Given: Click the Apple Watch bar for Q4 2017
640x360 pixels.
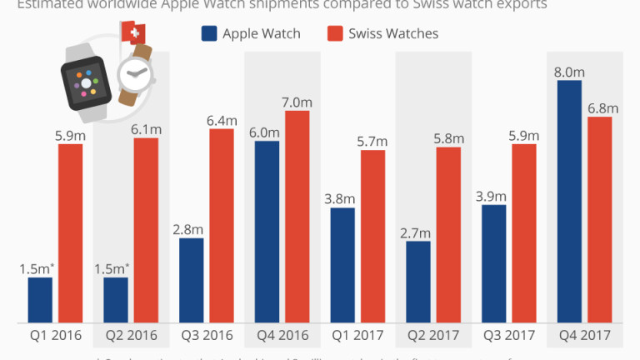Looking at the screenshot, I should (568, 202).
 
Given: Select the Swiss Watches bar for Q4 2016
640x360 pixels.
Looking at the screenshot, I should (297, 217).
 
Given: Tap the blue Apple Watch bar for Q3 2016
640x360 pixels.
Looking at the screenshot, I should (192, 280).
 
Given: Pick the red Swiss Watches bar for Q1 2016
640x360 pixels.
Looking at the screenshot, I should (70, 233).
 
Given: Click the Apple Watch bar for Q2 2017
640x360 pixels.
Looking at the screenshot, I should (418, 282).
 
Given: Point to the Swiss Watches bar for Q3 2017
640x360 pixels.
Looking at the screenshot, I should (524, 233).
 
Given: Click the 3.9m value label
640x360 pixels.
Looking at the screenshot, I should (494, 194).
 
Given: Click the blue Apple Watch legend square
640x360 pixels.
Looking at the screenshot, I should (209, 34).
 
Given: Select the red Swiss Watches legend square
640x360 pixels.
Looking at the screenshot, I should (335, 34).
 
